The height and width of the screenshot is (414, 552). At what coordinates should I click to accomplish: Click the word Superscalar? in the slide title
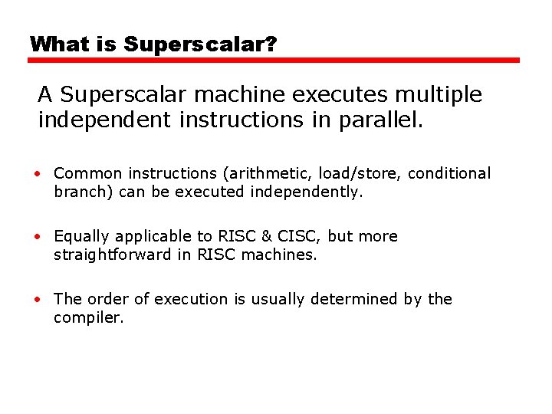click(x=200, y=44)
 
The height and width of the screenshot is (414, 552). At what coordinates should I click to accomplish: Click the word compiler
click(x=87, y=318)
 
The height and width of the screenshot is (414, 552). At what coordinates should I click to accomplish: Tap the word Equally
click(x=80, y=237)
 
